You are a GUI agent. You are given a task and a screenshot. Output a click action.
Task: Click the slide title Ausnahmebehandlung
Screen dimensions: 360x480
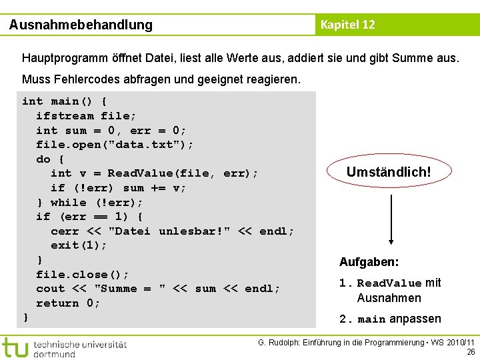[81, 25]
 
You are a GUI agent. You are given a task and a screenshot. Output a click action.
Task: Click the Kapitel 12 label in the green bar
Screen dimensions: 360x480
[347, 25]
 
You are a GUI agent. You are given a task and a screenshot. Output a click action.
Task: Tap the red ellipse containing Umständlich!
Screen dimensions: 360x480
[389, 173]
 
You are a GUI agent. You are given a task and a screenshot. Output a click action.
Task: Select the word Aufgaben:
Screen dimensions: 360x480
[369, 262]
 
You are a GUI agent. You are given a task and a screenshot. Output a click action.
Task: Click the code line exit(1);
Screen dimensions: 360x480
[79, 245]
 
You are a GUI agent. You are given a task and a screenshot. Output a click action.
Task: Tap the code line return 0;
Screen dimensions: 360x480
[68, 303]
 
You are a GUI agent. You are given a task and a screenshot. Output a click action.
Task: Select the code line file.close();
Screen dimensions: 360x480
[82, 274]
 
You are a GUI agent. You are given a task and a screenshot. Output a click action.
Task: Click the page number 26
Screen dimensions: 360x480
[471, 352]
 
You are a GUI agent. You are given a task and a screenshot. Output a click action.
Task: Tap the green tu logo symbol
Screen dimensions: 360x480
[15, 347]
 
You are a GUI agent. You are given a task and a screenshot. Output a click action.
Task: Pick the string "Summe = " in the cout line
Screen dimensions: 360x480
[131, 289]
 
